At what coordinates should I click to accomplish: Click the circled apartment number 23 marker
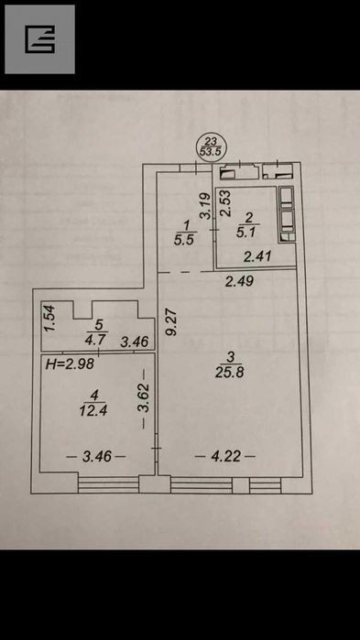[211, 146]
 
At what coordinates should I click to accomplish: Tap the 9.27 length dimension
[172, 322]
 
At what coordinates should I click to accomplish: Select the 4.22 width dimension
[225, 456]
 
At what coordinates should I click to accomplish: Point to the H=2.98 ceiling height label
[70, 364]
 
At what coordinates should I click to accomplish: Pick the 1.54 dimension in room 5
[49, 318]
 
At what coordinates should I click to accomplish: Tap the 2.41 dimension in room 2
[257, 257]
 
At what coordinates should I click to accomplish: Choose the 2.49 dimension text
[240, 281]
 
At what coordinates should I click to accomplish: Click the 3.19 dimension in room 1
[206, 207]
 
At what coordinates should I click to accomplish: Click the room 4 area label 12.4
[93, 403]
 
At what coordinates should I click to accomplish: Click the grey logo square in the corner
[39, 39]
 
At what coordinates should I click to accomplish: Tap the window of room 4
[108, 484]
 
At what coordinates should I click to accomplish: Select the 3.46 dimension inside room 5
[135, 342]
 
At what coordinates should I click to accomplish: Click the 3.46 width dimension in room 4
[97, 456]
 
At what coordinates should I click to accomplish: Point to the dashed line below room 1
[186, 272]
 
